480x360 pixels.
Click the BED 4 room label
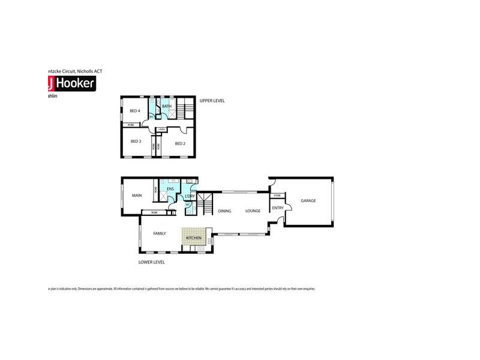coord(134,110)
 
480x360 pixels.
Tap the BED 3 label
coord(136,141)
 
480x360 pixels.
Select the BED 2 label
coord(180,143)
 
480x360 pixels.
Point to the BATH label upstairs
coord(167,106)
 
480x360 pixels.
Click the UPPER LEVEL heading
coord(212,101)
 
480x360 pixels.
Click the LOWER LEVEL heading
coord(151,262)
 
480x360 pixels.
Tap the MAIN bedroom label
coord(137,195)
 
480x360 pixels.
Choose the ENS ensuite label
coord(170,190)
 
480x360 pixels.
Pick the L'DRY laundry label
coord(190,196)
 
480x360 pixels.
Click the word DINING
coord(224,211)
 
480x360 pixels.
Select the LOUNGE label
coord(252,211)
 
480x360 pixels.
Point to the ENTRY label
coord(277,208)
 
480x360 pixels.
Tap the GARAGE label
coord(308,200)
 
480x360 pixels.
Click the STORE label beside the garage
coord(277,196)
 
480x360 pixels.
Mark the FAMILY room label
coord(160,233)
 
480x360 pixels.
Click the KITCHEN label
coord(194,239)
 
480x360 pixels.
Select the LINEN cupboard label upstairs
coord(162,129)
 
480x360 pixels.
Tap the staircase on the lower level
coord(206,204)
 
